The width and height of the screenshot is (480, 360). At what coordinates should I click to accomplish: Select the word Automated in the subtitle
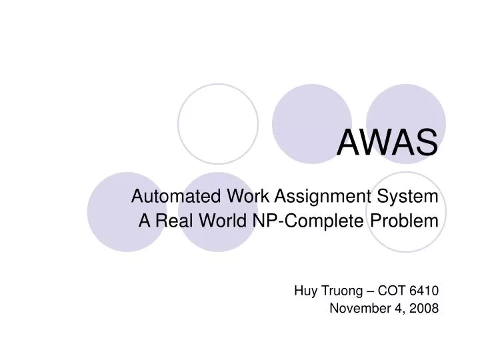[164, 197]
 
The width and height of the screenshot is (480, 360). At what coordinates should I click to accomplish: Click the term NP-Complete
[307, 221]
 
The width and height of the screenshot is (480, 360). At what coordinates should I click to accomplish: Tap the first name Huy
[304, 290]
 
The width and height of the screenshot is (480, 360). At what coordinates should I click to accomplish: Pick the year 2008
[425, 308]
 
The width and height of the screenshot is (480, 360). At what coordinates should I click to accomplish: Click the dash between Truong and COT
[368, 290]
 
